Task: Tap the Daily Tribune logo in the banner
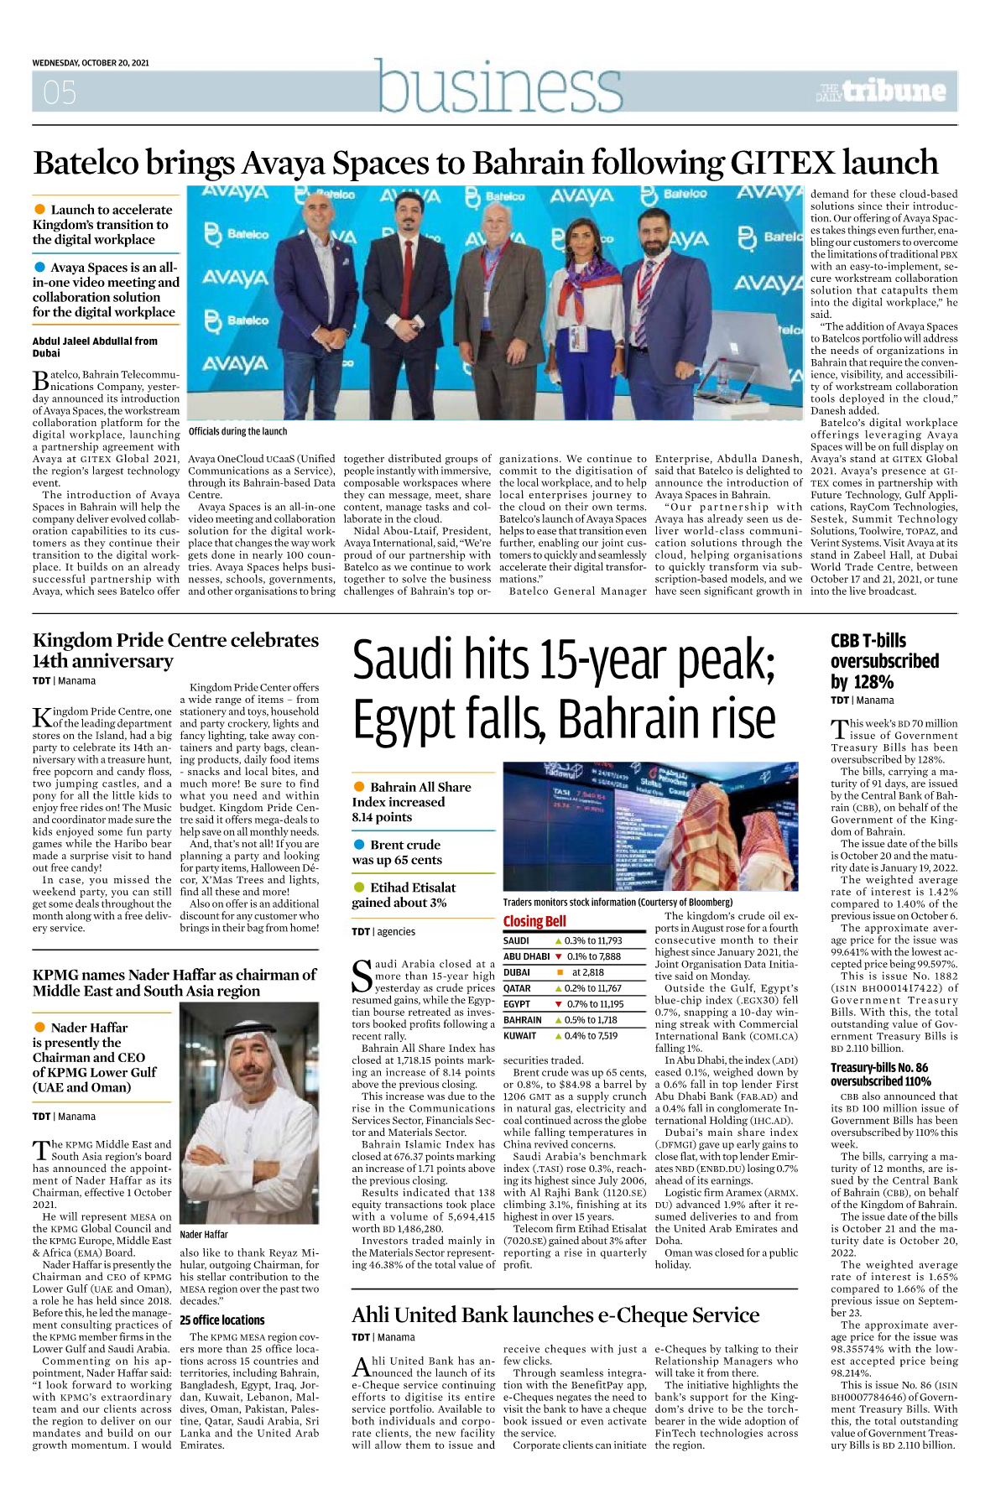(882, 91)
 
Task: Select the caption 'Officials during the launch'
(237, 431)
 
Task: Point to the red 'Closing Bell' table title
(534, 921)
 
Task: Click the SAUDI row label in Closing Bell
(516, 940)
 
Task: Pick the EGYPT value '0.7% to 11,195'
(595, 1004)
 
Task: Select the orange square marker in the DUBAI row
(560, 972)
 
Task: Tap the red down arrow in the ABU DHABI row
(558, 956)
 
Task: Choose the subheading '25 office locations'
(222, 1320)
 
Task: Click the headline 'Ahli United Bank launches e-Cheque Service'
(555, 1315)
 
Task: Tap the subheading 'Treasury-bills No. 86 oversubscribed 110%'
(880, 1075)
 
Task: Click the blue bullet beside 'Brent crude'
(359, 845)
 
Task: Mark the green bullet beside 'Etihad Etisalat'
(359, 888)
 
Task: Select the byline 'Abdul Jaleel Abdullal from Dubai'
(95, 347)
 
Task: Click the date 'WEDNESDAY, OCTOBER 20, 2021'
(91, 63)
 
